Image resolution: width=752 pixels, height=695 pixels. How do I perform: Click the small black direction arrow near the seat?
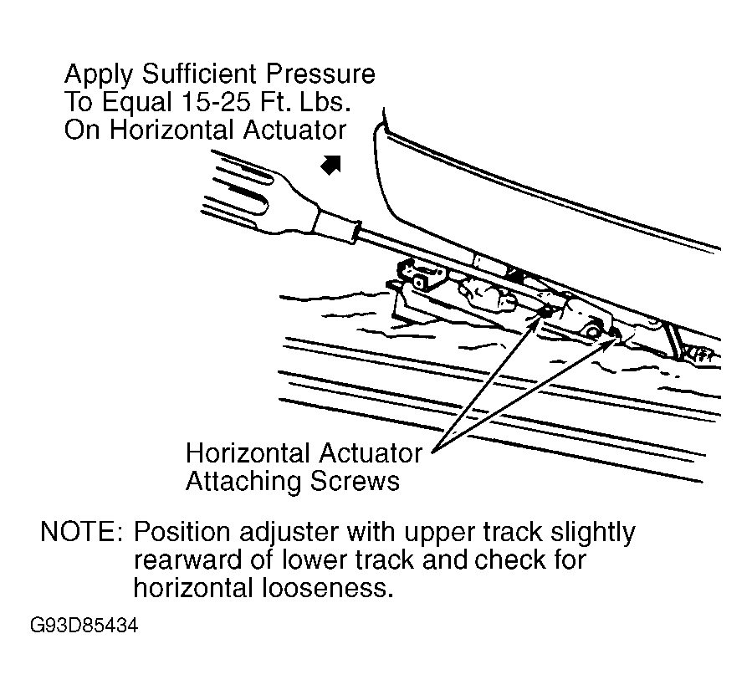click(331, 165)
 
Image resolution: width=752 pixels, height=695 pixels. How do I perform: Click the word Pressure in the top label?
click(321, 74)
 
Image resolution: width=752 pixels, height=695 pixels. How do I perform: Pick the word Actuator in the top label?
click(294, 130)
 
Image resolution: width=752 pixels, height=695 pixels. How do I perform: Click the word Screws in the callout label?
click(355, 481)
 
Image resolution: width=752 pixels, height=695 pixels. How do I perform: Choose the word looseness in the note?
click(327, 588)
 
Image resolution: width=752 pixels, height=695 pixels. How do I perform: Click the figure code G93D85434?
click(84, 626)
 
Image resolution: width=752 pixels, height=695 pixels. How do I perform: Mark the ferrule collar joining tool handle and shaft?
click(335, 226)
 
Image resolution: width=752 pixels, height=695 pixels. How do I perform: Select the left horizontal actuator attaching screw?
click(545, 313)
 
